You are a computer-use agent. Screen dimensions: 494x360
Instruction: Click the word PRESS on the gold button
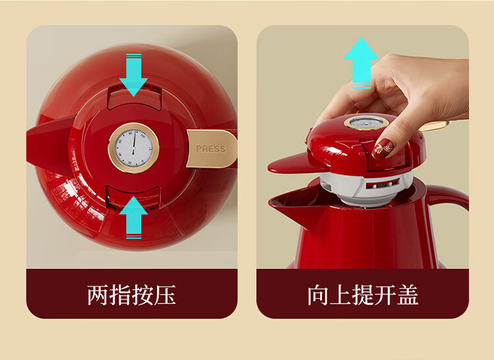[x=211, y=149]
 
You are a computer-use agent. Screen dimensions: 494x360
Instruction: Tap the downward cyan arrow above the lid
[x=134, y=75]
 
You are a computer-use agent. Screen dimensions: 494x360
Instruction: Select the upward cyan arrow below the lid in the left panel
[x=134, y=217]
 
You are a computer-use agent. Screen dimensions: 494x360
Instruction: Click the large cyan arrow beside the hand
[x=361, y=63]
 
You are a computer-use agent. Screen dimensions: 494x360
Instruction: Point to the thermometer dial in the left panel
[x=134, y=148]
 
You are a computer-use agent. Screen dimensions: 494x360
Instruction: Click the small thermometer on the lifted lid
[x=366, y=122]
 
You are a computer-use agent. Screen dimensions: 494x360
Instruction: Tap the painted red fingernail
[x=382, y=149]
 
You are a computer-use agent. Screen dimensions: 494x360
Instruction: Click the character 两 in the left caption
[x=97, y=295]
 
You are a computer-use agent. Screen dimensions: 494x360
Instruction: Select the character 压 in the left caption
[x=165, y=295]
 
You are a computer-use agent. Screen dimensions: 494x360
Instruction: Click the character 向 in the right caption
[x=318, y=295]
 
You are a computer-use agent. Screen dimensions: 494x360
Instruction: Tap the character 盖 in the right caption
[x=408, y=295]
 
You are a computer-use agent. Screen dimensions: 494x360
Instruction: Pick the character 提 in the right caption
[x=363, y=295]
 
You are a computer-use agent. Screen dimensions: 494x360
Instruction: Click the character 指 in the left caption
[x=120, y=295]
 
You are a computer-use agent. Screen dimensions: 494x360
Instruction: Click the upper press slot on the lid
[x=134, y=97]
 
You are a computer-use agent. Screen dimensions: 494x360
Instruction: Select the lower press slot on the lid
[x=133, y=196]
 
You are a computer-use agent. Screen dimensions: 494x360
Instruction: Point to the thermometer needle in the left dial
[x=134, y=142]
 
